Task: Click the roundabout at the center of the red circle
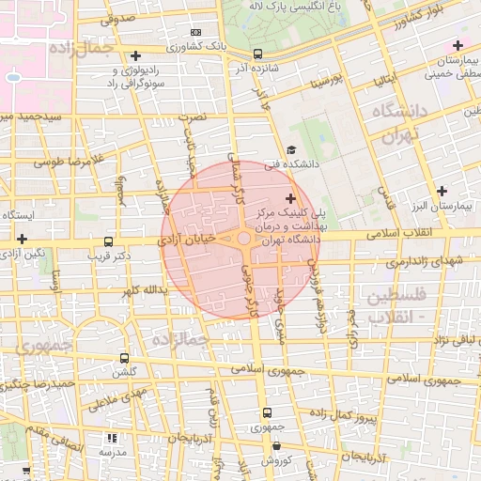pyautogui.click(x=243, y=239)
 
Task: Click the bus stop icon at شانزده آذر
pyautogui.click(x=258, y=54)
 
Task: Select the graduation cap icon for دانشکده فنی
pyautogui.click(x=291, y=149)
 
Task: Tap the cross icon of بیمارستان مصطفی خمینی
pyautogui.click(x=458, y=45)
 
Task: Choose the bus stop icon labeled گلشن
pyautogui.click(x=125, y=358)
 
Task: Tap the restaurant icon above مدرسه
pyautogui.click(x=113, y=438)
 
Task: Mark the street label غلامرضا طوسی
pyautogui.click(x=66, y=163)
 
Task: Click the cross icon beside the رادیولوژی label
pyautogui.click(x=136, y=56)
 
